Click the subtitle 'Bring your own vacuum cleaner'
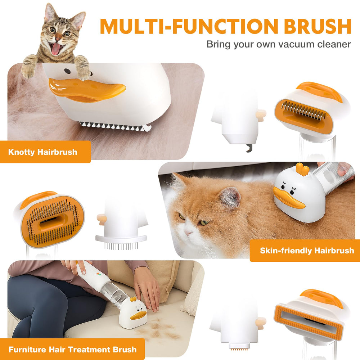(x=278, y=44)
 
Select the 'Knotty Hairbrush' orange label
(x=43, y=152)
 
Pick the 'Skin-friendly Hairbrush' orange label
(x=307, y=251)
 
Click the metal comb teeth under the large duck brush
(x=115, y=126)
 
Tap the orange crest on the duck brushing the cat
(x=302, y=169)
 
